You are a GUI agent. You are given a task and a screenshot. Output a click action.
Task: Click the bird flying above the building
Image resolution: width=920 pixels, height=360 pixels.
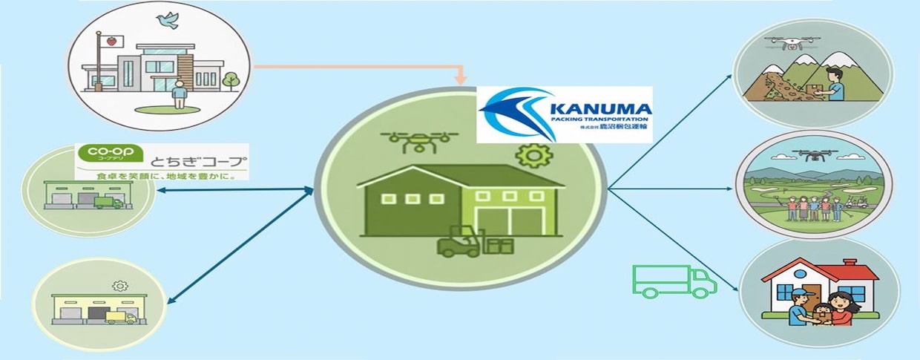coord(168,21)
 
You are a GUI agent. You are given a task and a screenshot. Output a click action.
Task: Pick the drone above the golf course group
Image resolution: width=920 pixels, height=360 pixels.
coord(812,156)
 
